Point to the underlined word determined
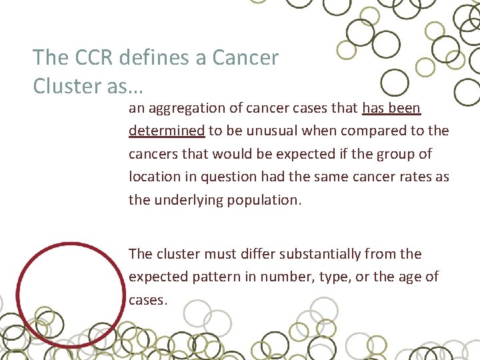[x=167, y=130]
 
